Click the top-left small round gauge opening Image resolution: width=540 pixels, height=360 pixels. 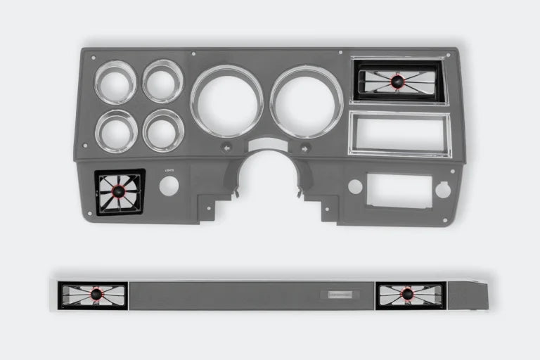coord(115,82)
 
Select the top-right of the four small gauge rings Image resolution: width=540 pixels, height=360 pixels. coord(162,81)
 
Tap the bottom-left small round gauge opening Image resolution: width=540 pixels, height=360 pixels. coord(116,131)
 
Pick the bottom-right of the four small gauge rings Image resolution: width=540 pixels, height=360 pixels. coord(163,130)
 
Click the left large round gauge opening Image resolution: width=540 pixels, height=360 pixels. coord(226,101)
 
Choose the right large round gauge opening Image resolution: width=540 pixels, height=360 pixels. coord(307,101)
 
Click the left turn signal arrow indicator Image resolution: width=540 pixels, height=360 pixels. coord(226,148)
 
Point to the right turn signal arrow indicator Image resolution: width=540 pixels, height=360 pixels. coord(306,148)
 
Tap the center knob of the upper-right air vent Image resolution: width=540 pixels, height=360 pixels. coord(399,82)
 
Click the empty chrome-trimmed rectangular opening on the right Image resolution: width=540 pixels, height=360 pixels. coord(399,133)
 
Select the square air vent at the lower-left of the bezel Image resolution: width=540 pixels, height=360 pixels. coord(120,192)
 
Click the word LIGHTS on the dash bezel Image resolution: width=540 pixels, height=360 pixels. coord(169,170)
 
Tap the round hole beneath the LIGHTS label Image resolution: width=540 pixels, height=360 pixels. coord(169,186)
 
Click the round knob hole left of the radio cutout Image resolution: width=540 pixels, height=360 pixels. coord(355,186)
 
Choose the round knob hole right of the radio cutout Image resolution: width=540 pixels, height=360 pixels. coord(443,189)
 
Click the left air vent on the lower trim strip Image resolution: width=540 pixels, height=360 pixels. coord(94,295)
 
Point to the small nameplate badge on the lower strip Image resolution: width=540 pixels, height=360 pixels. coord(340,295)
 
